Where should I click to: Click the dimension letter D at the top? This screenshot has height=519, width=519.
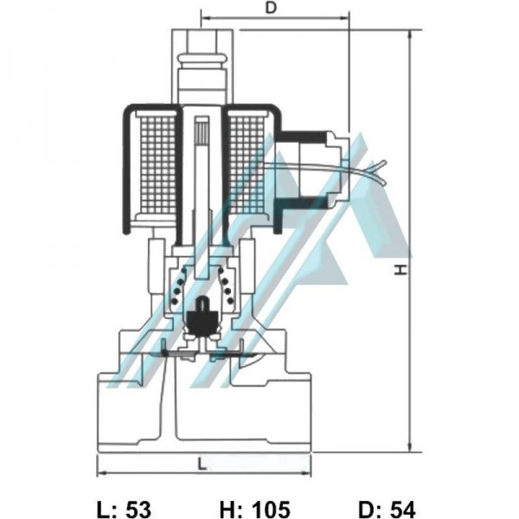pyautogui.click(x=271, y=8)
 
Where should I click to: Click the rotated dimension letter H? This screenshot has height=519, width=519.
pyautogui.click(x=400, y=271)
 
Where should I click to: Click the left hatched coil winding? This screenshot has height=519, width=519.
pyautogui.click(x=157, y=164)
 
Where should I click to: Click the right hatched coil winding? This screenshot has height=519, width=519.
pyautogui.click(x=247, y=164)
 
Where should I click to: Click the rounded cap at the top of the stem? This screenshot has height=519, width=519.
pyautogui.click(x=202, y=61)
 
